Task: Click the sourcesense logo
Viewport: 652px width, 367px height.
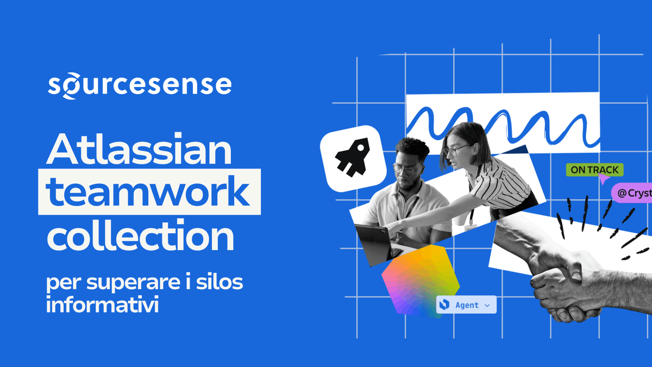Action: [140, 85]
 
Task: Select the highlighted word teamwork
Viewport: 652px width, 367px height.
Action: [149, 192]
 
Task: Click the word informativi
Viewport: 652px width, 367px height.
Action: [102, 304]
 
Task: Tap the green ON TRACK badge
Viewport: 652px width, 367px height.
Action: [594, 170]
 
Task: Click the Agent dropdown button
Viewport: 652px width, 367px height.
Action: [466, 305]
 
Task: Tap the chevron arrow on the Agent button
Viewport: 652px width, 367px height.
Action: [487, 306]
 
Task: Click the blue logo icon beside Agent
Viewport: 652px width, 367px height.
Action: [444, 305]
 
